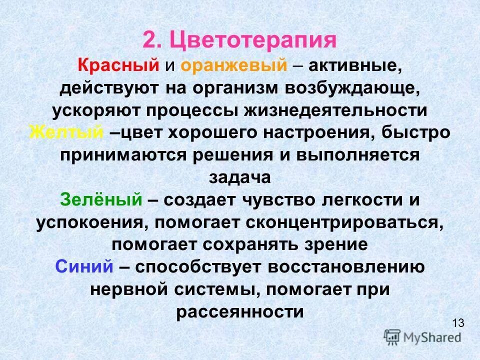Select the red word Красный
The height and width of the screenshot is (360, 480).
[118, 65]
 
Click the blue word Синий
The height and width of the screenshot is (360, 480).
[84, 267]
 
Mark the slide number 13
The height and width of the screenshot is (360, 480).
[458, 322]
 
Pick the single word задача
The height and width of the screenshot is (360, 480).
[239, 177]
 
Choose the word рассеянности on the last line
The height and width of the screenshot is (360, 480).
[240, 311]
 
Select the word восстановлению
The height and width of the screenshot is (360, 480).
[346, 267]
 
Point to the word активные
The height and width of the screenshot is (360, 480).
[354, 65]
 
